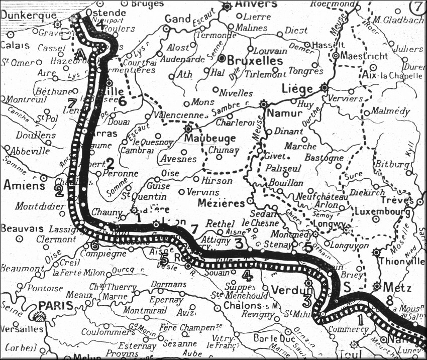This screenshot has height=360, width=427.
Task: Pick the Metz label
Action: pyautogui.click(x=400, y=288)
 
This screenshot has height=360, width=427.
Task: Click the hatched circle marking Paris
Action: pyautogui.click(x=38, y=316)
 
